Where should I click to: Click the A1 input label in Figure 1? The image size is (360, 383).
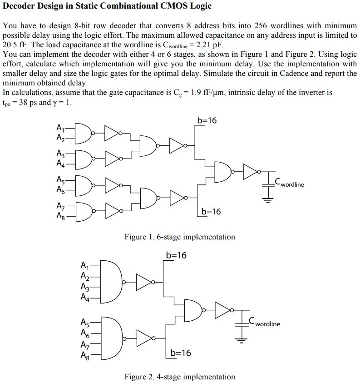click(60, 128)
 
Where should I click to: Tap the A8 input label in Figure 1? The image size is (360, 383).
click(61, 216)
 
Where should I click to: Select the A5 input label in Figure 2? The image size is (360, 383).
click(85, 322)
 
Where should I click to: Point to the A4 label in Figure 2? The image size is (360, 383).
click(85, 297)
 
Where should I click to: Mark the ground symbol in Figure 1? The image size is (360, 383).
click(268, 200)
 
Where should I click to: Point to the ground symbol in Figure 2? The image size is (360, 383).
click(242, 340)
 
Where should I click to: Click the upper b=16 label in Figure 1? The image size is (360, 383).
click(207, 120)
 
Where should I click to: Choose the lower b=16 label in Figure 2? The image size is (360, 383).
click(181, 353)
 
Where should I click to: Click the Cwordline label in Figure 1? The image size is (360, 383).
click(289, 183)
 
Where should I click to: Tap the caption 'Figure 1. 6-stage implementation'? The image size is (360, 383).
click(180, 237)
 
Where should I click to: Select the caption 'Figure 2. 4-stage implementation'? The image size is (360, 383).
click(180, 377)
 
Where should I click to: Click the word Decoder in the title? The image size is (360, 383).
click(19, 5)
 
